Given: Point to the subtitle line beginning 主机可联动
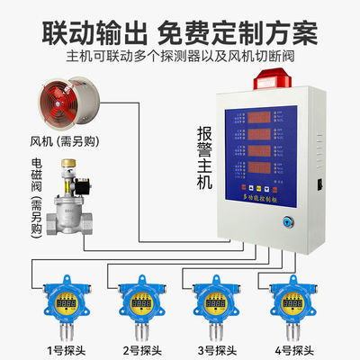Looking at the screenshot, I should (x=180, y=56).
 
